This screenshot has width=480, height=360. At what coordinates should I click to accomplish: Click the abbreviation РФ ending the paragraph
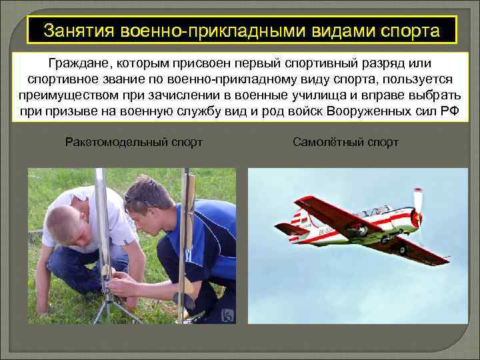tap(450, 110)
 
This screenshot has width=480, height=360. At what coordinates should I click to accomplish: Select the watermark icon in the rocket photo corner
tap(226, 313)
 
